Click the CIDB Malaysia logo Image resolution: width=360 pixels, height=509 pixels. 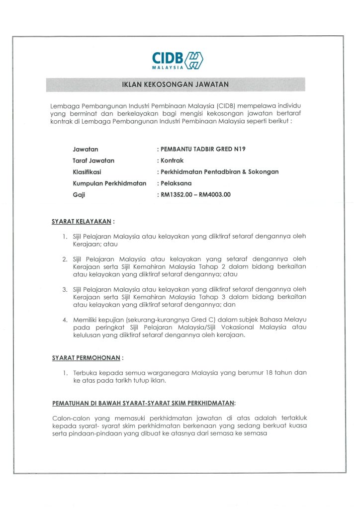point(178,60)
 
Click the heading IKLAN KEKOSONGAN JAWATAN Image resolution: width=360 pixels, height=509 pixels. point(176,85)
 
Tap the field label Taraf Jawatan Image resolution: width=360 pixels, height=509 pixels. point(93,161)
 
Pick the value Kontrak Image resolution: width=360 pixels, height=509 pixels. point(172,161)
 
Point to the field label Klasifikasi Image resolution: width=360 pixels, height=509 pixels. point(87,172)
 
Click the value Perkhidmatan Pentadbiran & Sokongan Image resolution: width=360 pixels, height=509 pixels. point(219,172)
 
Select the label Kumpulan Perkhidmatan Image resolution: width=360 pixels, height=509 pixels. point(109,183)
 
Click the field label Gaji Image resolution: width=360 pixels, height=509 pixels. point(79,195)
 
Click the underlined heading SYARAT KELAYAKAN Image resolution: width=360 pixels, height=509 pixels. point(82,222)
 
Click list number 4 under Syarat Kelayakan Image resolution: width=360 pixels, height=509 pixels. point(65,320)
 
